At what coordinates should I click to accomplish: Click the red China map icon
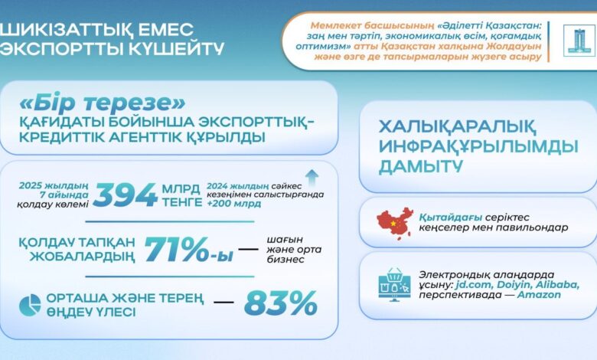(x=396, y=221)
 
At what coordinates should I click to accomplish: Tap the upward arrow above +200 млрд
(x=312, y=174)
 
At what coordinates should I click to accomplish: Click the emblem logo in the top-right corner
(x=573, y=40)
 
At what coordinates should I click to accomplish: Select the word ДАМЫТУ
(x=418, y=165)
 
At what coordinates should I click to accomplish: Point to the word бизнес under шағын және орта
(x=285, y=260)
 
